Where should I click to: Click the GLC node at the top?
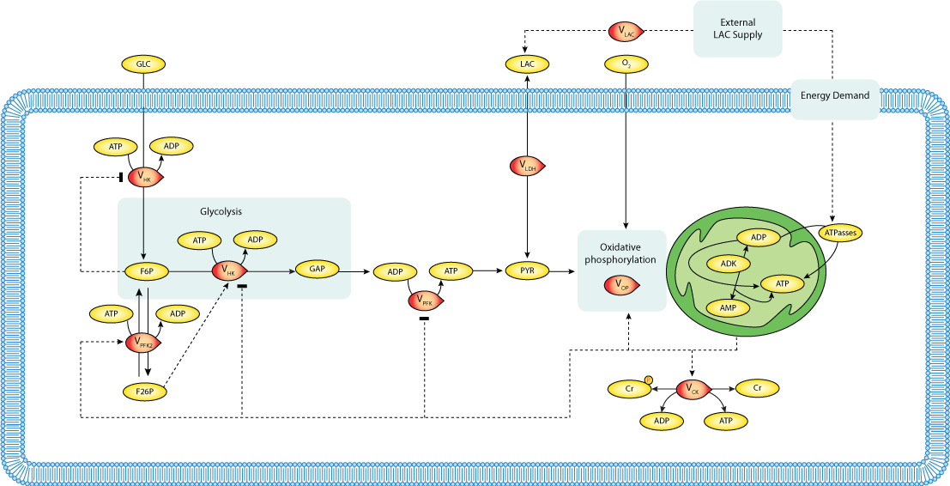pyautogui.click(x=143, y=64)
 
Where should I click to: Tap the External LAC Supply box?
pyautogui.click(x=737, y=28)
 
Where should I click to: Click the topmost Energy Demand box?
pyautogui.click(x=834, y=95)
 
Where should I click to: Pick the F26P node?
pyautogui.click(x=144, y=392)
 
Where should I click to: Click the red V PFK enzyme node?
pyautogui.click(x=426, y=301)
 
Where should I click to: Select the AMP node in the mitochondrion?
pyautogui.click(x=728, y=307)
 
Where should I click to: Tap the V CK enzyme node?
pyautogui.click(x=693, y=389)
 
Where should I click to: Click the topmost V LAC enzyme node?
pyautogui.click(x=624, y=32)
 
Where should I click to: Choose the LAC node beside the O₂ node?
pyautogui.click(x=527, y=64)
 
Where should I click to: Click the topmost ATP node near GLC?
pyautogui.click(x=116, y=147)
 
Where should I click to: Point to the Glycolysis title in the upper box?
pyautogui.click(x=221, y=211)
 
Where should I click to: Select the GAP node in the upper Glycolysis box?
pyautogui.click(x=318, y=270)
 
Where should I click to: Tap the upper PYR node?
pyautogui.click(x=527, y=271)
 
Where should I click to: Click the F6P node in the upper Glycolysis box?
pyautogui.click(x=146, y=271)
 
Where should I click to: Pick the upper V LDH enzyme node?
pyautogui.click(x=527, y=166)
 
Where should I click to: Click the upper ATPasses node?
pyautogui.click(x=840, y=233)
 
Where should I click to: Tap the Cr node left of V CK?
pyautogui.click(x=629, y=389)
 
